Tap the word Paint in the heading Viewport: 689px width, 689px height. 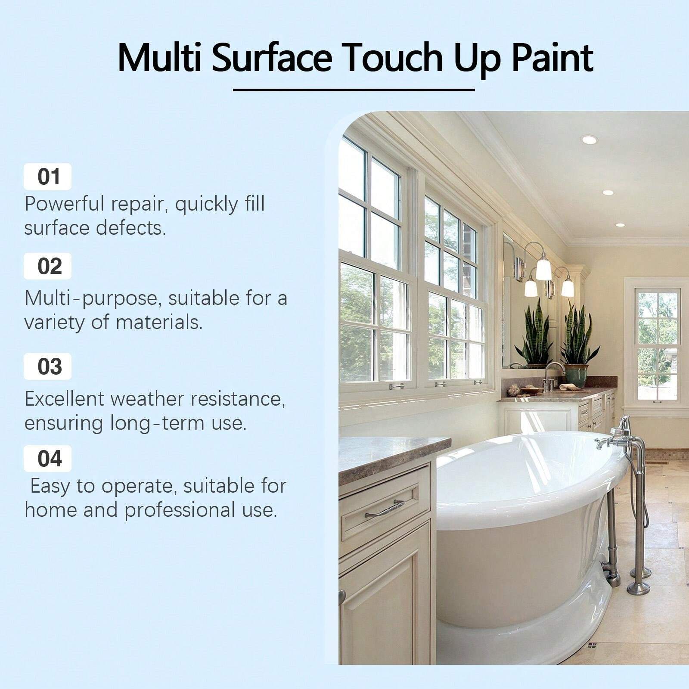(x=552, y=58)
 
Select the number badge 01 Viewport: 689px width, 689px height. (x=48, y=177)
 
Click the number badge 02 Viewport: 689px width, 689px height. (x=48, y=267)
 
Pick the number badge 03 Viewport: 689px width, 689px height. (x=48, y=367)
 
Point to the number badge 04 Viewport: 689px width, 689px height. (x=48, y=459)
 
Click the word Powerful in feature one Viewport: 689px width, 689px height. (x=65, y=204)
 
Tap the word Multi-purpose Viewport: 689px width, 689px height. (x=93, y=298)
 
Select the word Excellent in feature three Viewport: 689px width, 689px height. (x=65, y=399)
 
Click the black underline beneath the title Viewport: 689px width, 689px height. (x=354, y=90)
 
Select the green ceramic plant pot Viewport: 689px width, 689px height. (x=577, y=375)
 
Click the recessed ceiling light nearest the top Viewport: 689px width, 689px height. (x=589, y=140)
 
